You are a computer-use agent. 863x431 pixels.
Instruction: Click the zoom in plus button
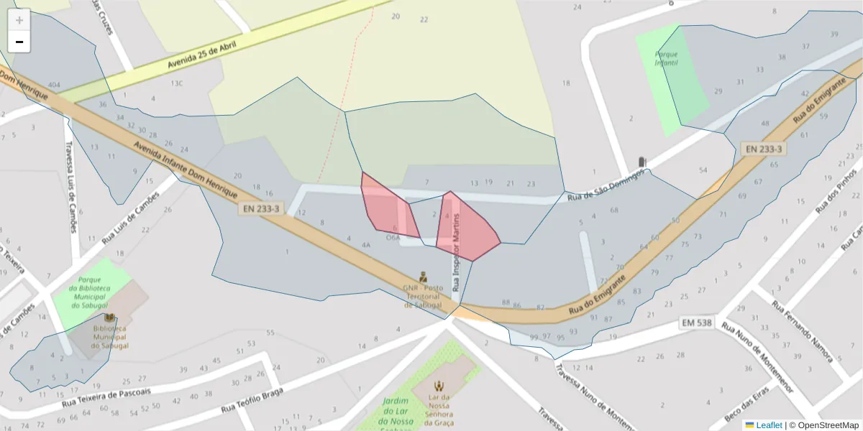pos(19,20)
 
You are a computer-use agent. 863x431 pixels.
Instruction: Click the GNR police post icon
pos(424,276)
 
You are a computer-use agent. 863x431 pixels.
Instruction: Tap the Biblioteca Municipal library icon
pos(109,318)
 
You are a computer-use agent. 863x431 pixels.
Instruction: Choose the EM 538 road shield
pos(697,323)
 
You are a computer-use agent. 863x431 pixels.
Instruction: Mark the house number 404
pos(53,85)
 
